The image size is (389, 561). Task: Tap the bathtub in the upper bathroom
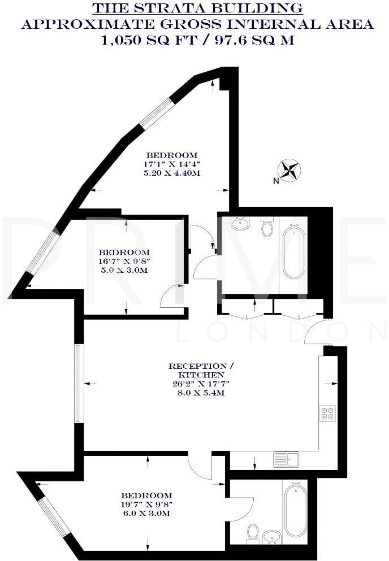coord(293,253)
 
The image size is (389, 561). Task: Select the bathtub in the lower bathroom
coord(296,510)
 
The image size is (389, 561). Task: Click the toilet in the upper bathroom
coord(266,228)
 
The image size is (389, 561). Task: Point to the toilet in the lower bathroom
coord(253,532)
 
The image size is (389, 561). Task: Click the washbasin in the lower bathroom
coord(272,537)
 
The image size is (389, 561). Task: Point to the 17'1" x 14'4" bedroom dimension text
coord(172,164)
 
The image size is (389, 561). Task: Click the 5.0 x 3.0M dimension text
coord(124,271)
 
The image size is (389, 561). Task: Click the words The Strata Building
coord(197,8)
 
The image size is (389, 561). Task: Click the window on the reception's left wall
coord(79,384)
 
